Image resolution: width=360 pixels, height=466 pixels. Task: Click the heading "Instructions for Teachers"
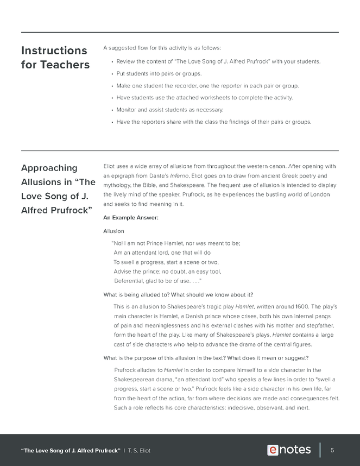point(54,58)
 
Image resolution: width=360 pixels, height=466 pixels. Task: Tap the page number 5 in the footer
point(332,450)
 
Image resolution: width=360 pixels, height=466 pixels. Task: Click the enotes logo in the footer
point(289,450)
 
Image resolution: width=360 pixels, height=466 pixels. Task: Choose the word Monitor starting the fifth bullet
point(127,110)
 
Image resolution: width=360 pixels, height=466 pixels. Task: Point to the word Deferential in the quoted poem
point(130,281)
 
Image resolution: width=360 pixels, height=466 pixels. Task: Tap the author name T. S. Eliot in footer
point(140,450)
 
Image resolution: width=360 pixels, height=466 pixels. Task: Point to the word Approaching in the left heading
point(49,168)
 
